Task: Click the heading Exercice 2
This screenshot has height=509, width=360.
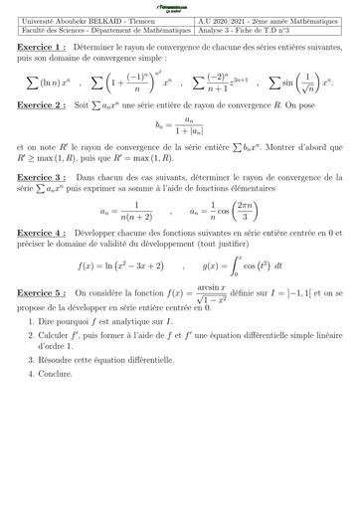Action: [40, 104]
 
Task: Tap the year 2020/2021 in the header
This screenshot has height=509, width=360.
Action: [238, 22]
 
